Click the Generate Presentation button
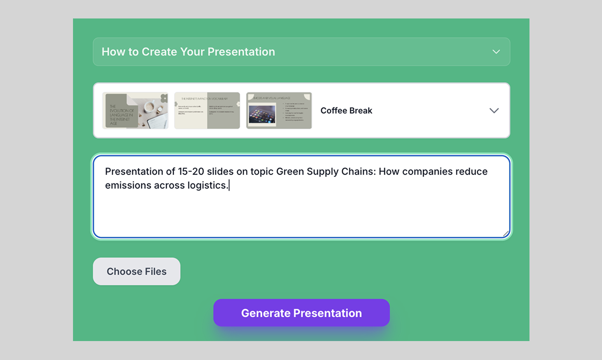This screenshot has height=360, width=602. point(301,313)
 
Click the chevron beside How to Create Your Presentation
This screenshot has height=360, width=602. point(496,52)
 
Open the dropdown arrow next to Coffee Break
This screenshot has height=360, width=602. point(494,110)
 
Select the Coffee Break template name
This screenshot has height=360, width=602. point(346,110)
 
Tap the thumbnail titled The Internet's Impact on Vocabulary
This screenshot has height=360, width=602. point(207,110)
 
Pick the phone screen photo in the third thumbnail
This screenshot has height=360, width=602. point(262,115)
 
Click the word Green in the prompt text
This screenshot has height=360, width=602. point(290,171)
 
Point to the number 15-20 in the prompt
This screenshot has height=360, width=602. point(191,171)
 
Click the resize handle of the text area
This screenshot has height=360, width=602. point(506,234)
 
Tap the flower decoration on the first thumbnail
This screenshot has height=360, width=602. point(164,98)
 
